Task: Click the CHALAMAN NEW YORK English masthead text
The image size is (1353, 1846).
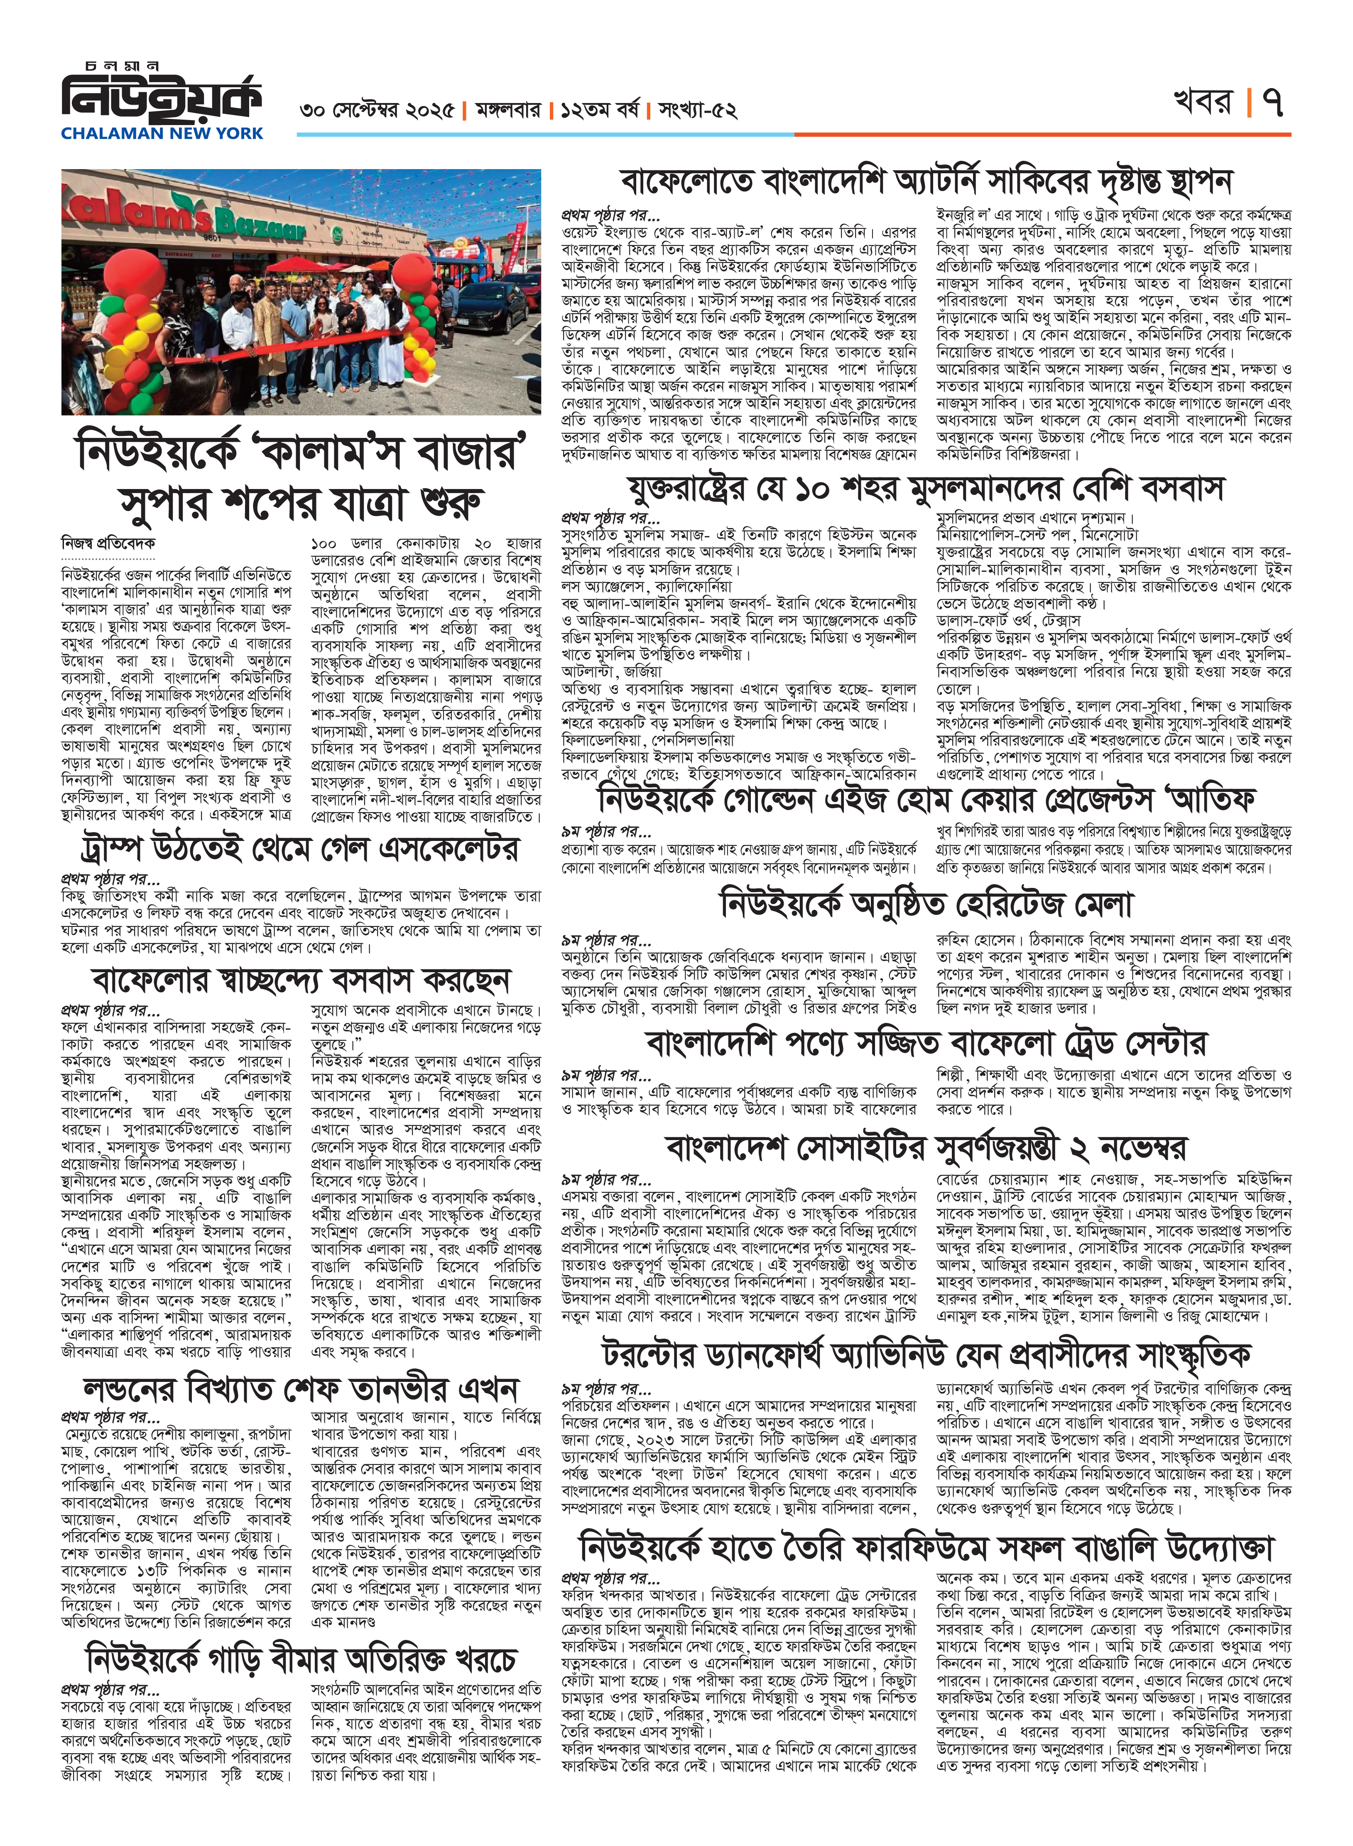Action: tap(162, 133)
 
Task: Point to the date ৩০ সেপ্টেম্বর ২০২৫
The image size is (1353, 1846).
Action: tap(377, 111)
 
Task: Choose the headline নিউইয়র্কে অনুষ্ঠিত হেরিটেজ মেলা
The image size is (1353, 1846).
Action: tap(926, 905)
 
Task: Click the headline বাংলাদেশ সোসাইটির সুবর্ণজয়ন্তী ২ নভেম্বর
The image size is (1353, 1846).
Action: tap(926, 1149)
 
